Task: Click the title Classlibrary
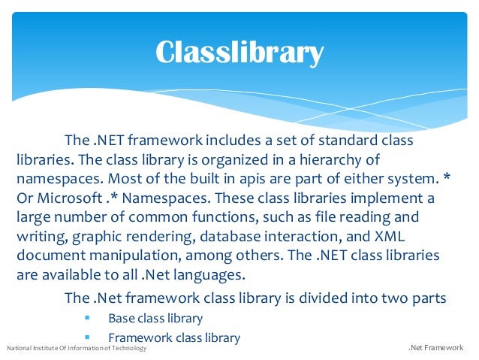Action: (239, 52)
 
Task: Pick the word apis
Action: (233, 180)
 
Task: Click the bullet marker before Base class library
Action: (88, 318)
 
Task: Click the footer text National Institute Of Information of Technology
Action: (77, 349)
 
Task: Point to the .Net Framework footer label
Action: (435, 349)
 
